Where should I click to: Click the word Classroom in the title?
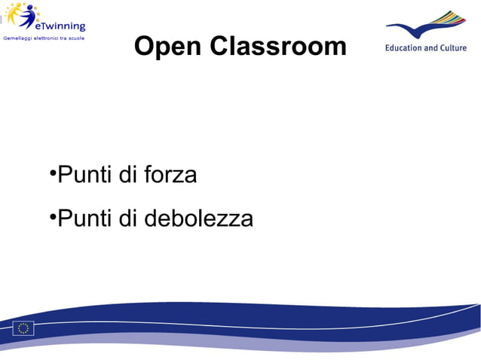coord(278,47)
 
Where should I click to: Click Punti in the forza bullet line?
coord(85,175)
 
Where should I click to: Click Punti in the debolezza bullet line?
coord(85,219)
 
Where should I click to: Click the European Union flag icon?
coord(23,328)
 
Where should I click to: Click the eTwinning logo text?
coord(60,26)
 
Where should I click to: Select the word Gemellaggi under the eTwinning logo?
coord(18,38)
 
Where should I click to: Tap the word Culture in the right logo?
coord(453,47)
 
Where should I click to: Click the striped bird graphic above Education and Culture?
coord(426,26)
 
